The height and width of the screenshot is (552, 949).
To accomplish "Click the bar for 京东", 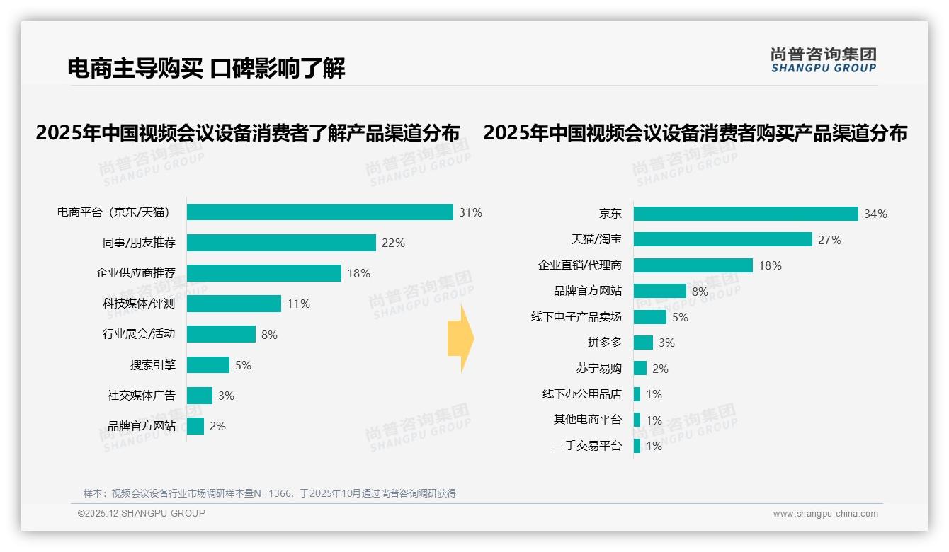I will (x=745, y=214).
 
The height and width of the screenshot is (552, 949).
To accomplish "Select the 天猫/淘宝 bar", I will (x=722, y=240).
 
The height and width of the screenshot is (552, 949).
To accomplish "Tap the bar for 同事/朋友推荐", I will (x=281, y=243).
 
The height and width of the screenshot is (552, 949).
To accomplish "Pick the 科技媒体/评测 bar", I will (x=234, y=304).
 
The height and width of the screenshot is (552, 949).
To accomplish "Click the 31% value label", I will (x=470, y=212).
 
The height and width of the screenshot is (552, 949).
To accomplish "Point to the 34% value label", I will (x=875, y=214).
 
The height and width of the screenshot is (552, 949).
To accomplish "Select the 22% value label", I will (x=393, y=243).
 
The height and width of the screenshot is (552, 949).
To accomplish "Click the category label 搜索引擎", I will (x=152, y=365).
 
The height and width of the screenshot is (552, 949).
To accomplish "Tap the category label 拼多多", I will (x=604, y=343).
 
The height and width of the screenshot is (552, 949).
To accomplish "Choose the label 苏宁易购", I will (x=598, y=369).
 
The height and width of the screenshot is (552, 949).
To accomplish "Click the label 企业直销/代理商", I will (x=579, y=265).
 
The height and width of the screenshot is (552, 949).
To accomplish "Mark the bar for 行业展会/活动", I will (x=221, y=334).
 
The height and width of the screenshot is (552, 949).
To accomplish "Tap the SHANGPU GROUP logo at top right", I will (x=823, y=60).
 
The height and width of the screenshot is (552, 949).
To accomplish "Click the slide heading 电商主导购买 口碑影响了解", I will (x=206, y=69).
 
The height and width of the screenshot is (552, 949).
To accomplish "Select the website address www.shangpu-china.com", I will (x=825, y=514).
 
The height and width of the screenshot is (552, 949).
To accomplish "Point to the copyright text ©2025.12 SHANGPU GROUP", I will (x=142, y=513).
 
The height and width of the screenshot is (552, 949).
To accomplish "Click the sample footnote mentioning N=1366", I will (x=270, y=493).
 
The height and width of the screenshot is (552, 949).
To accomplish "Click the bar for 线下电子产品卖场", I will (x=649, y=317).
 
